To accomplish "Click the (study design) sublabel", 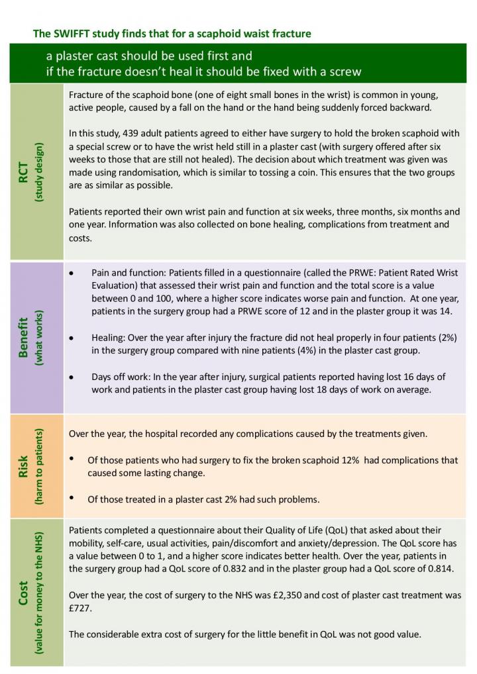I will (40, 171).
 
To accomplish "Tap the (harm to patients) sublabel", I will (40, 466).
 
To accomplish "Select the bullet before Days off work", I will (72, 377).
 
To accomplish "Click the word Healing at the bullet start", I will (109, 338).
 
